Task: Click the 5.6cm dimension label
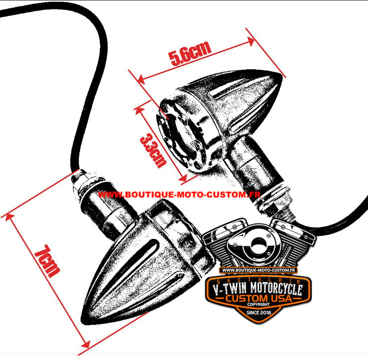pos(190,53)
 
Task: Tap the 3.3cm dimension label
pos(153,150)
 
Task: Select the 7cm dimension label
pos(47,261)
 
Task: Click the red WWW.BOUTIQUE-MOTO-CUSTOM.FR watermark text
pos(179,194)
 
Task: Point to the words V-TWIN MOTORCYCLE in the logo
pos(257,289)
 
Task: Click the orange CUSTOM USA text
pos(258,298)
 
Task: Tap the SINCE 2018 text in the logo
pos(259,313)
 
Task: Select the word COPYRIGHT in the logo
pos(258,304)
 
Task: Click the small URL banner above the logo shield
pos(258,270)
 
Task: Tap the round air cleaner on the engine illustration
pos(258,244)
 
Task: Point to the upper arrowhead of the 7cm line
pos(9,218)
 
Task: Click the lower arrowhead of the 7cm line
pos(85,344)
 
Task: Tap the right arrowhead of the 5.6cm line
pos(250,42)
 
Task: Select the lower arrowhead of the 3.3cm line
pos(183,178)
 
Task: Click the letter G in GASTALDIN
pos(218,282)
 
